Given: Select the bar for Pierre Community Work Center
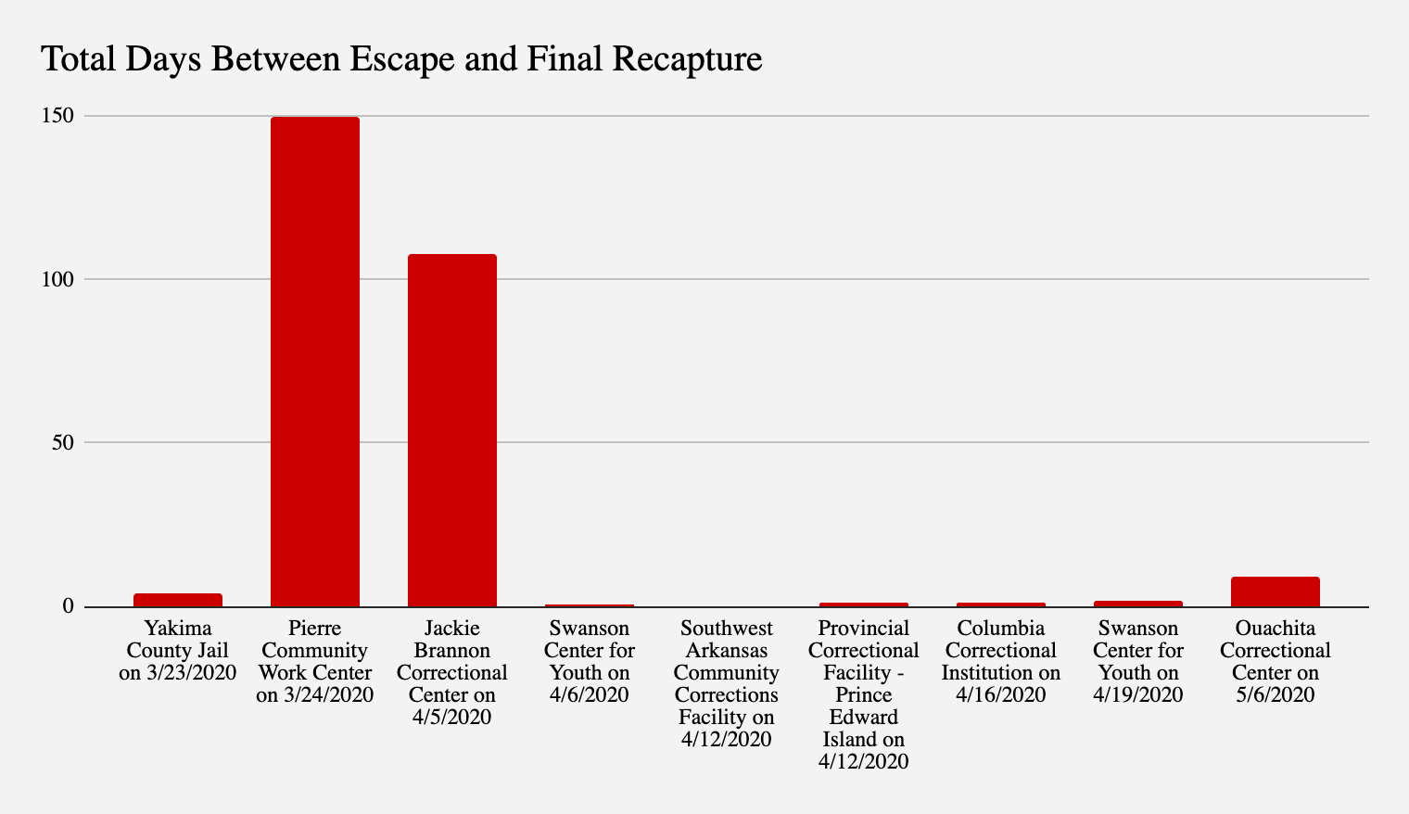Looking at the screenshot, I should (315, 362).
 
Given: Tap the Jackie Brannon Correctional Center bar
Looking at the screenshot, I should (452, 430).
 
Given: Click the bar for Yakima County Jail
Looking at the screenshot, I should (178, 600).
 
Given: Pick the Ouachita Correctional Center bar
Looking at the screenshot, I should (1276, 591).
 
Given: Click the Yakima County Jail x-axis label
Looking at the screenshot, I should (178, 650).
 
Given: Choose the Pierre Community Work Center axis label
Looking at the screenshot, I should (315, 661).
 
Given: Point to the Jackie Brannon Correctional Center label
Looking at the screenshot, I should (452, 672).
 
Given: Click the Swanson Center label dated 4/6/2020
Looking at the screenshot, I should (590, 661).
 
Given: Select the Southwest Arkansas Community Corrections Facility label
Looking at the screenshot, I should (727, 683).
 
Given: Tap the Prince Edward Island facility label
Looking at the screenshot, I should (864, 694).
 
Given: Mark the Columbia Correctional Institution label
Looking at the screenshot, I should (1001, 661).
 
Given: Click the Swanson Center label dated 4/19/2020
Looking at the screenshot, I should (1138, 661).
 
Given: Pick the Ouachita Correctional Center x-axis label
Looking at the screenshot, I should (1276, 661).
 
